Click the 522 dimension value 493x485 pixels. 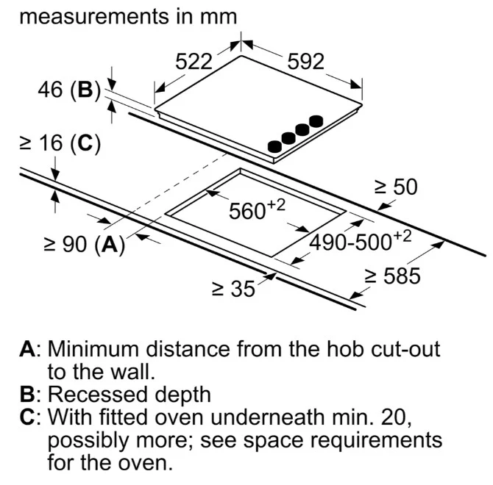(194, 62)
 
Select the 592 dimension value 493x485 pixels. (305, 62)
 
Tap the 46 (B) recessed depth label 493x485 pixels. (69, 90)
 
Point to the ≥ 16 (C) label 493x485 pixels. (60, 144)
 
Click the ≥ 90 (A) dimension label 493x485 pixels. (85, 244)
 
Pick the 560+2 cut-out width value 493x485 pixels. (257, 209)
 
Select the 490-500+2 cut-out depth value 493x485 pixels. (361, 240)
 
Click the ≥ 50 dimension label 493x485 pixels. (396, 187)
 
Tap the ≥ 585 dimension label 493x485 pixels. (392, 276)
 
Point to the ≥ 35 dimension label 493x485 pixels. (233, 289)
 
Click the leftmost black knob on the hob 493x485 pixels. (274, 147)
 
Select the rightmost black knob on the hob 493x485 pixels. (316, 121)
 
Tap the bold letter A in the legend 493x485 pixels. (27, 349)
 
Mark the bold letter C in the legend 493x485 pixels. (27, 417)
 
